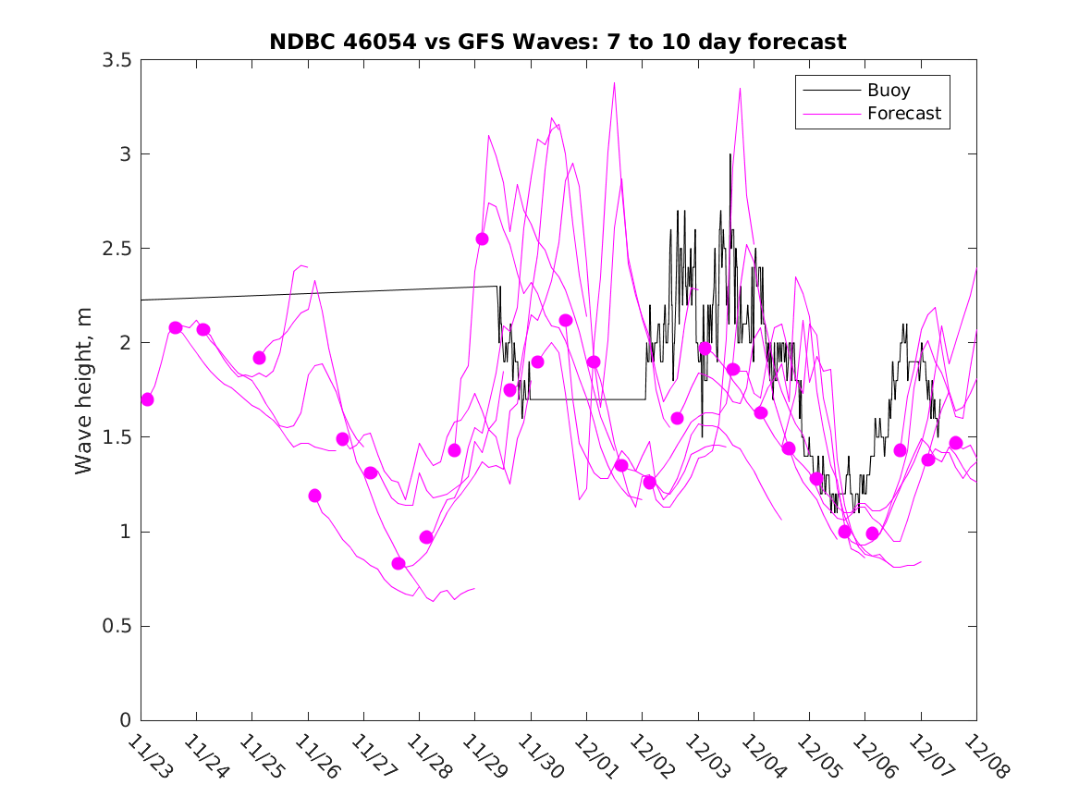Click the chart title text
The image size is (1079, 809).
558,42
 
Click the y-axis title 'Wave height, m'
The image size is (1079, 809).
84,390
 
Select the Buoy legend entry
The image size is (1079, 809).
888,91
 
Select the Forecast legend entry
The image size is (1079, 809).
903,114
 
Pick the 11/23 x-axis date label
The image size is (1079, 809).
147,757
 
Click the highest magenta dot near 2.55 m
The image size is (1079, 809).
482,239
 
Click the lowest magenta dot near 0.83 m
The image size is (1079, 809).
398,563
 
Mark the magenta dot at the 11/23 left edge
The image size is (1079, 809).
147,399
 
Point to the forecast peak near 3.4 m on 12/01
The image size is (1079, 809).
614,83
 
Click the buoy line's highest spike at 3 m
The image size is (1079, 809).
730,154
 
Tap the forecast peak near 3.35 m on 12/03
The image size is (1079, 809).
740,89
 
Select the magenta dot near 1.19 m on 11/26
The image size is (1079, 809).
314,496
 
